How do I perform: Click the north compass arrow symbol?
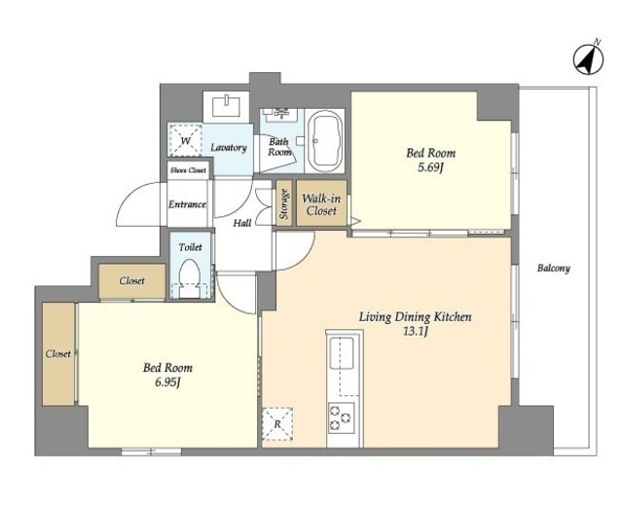coord(588,59)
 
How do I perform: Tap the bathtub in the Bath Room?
coord(325,141)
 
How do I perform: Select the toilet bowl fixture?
coord(190,278)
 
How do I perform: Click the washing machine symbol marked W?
coord(185,140)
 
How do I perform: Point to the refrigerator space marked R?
coord(277,423)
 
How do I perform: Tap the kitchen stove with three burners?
coord(342,418)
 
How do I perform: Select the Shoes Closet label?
coord(188,170)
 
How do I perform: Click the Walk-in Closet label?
coord(321,204)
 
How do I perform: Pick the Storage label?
coord(283,203)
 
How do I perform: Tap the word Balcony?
coord(554,269)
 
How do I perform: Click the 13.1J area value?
coord(416,332)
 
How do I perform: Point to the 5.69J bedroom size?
coord(430,167)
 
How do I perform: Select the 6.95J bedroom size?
coord(167,382)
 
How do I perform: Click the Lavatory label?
coord(229,147)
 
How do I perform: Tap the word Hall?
coord(242,223)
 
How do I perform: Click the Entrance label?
coord(187,204)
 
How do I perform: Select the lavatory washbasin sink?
coord(226,105)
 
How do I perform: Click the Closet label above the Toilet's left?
coord(132,281)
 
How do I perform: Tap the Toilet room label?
coord(191,247)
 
